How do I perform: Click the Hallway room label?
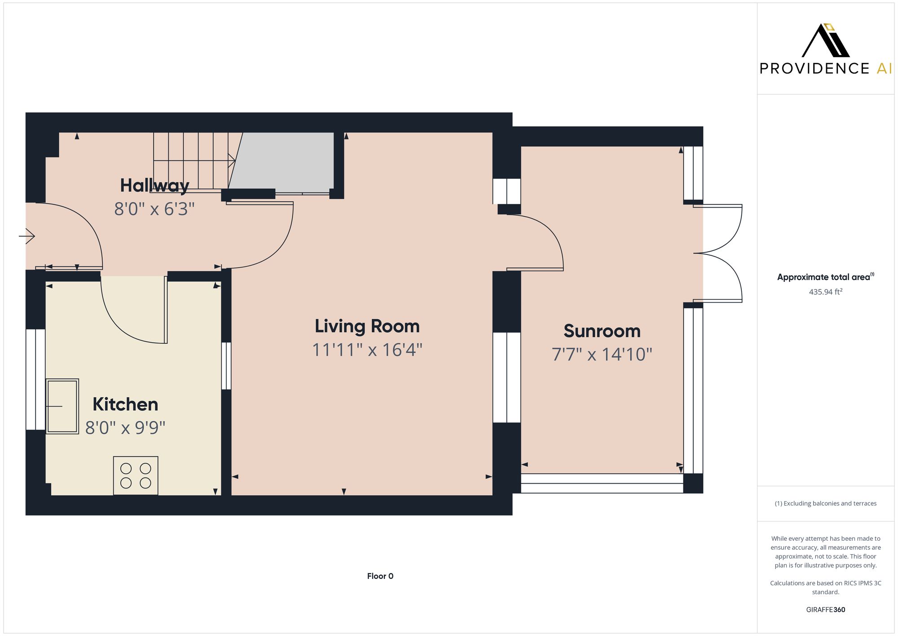[154, 186]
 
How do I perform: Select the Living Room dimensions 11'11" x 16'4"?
[367, 350]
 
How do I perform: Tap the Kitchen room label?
[125, 404]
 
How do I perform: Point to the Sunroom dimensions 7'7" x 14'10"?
[602, 354]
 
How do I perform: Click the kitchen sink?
[62, 406]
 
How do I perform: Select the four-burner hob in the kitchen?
[136, 476]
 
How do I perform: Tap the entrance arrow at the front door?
[27, 236]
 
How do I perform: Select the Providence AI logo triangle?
[825, 41]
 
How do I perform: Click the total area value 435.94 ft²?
[825, 292]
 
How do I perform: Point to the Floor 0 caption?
[380, 576]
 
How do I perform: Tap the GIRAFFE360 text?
[825, 610]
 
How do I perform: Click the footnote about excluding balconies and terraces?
[825, 503]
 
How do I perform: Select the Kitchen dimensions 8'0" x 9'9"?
[125, 427]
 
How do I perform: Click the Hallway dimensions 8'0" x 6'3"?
[154, 209]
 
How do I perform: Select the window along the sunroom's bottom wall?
[602, 484]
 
